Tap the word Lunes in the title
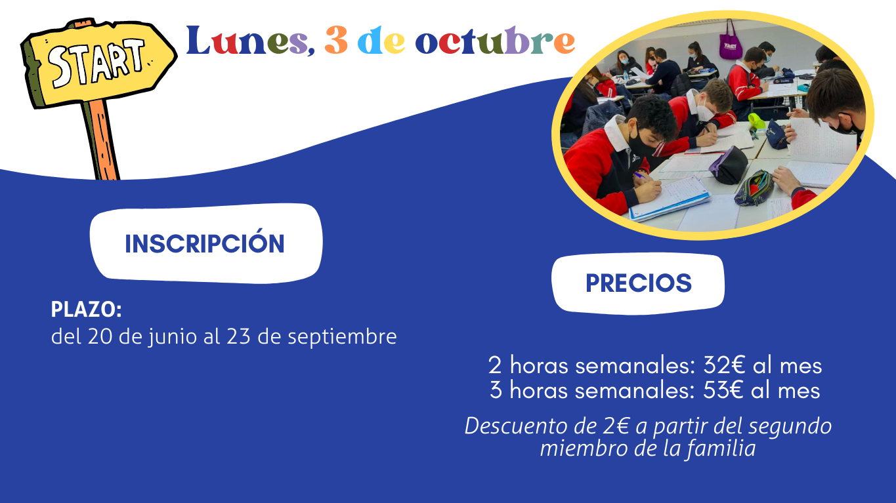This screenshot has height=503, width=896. pos(250,41)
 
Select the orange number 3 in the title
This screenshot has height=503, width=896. pos(336,40)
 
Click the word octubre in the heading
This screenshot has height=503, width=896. pos(495,41)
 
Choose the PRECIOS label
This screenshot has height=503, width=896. pos(639,283)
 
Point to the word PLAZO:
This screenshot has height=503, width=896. pos(87,310)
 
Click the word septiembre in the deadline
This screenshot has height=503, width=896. pos(342,337)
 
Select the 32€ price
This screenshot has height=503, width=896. pos(723,365)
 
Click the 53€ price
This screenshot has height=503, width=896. pos(723,390)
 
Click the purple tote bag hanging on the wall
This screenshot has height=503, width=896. pos(731,42)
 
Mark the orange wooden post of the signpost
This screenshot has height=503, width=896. pos(101,139)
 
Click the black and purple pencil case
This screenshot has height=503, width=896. pos(729,165)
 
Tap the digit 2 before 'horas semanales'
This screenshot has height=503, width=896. pos(494,365)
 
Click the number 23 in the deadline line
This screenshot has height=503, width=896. pos(238,336)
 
